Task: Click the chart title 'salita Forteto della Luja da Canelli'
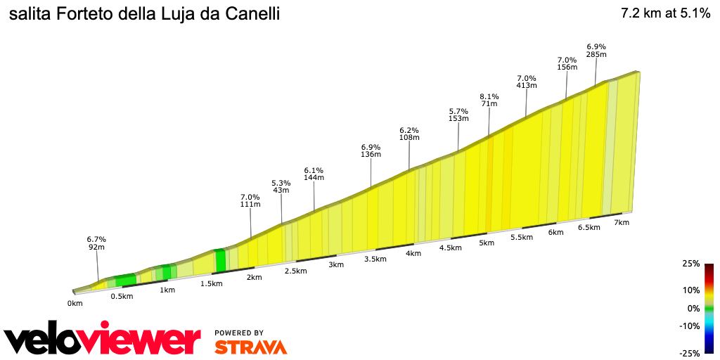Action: click(x=144, y=14)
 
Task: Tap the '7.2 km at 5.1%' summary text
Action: click(x=665, y=13)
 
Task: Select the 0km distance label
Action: click(x=75, y=304)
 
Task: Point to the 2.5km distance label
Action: click(x=295, y=271)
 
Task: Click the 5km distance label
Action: click(x=487, y=243)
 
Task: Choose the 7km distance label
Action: click(x=621, y=223)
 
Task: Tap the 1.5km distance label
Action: click(x=211, y=283)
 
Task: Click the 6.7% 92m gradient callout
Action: click(x=96, y=243)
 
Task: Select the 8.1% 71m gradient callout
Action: click(x=489, y=100)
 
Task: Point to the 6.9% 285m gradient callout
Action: click(x=596, y=50)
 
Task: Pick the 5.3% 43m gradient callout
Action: click(x=281, y=187)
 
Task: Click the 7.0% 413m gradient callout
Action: click(x=527, y=82)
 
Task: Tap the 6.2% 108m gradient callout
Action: click(x=409, y=134)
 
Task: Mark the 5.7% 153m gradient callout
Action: click(x=458, y=115)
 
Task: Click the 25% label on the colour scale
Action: click(x=691, y=264)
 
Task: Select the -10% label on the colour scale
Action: click(x=691, y=326)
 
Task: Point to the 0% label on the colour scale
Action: click(x=693, y=308)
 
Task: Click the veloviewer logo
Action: click(x=102, y=340)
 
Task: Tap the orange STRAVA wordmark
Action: click(x=250, y=347)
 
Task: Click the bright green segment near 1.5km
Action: click(x=220, y=261)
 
